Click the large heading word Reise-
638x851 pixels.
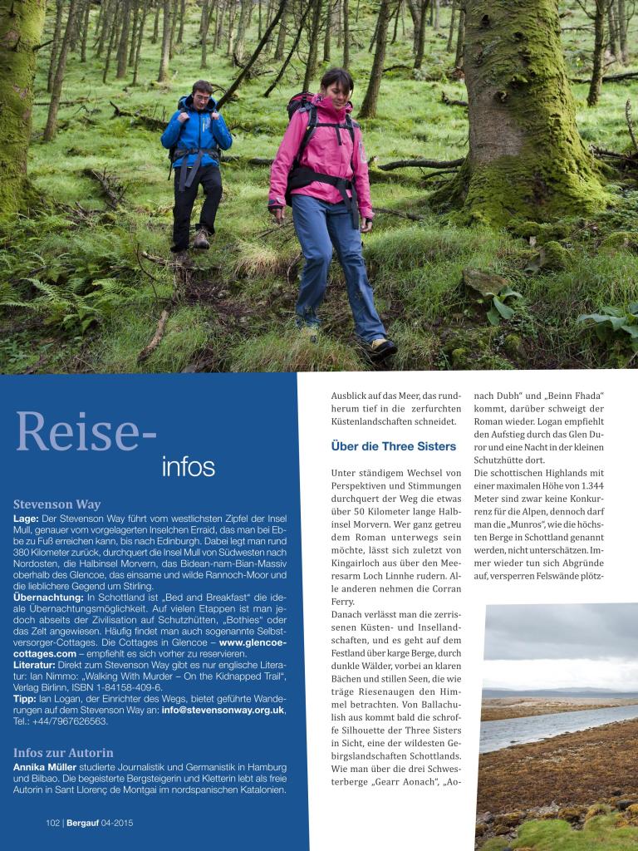click(86, 431)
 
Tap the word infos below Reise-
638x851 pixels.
click(188, 466)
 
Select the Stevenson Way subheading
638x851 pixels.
click(57, 504)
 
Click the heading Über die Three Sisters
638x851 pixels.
click(393, 446)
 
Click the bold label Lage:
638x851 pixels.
click(26, 519)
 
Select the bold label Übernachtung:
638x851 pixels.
click(48, 598)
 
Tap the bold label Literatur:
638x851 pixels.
click(38, 666)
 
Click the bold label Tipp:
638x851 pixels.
click(25, 699)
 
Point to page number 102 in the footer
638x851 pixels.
click(53, 823)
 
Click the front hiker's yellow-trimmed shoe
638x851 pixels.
click(381, 348)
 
